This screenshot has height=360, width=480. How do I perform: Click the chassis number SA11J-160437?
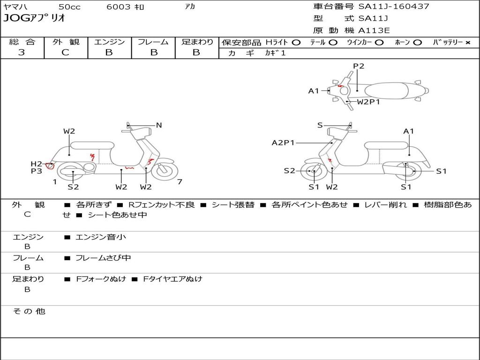pos(394,7)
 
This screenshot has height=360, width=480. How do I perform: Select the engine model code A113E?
pos(374,31)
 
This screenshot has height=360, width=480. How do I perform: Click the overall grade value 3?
pos(22,52)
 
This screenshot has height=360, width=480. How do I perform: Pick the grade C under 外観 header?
pos(65,52)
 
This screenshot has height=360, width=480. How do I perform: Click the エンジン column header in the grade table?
pos(109,42)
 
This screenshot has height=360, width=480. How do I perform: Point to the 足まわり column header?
pos(197,42)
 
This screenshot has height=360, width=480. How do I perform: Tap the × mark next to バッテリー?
pos(468,43)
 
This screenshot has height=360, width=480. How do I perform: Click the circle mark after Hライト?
pos(296,43)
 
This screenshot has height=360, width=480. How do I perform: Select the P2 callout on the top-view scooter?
pos(359,66)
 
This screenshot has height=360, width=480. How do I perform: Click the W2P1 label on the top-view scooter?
pos(368,102)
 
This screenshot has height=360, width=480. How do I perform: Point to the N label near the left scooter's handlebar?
pos(159,125)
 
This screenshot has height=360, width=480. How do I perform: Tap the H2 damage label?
pos(37,164)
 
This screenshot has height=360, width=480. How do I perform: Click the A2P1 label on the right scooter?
pos(283,142)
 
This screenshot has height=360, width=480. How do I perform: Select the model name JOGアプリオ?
pos(34,19)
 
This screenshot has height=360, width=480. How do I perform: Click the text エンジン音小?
pos(100,237)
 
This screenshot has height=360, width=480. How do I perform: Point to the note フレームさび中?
pos(103,258)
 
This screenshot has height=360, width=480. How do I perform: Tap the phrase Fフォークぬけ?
pos(101,279)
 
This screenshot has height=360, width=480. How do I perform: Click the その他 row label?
pos(29,311)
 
